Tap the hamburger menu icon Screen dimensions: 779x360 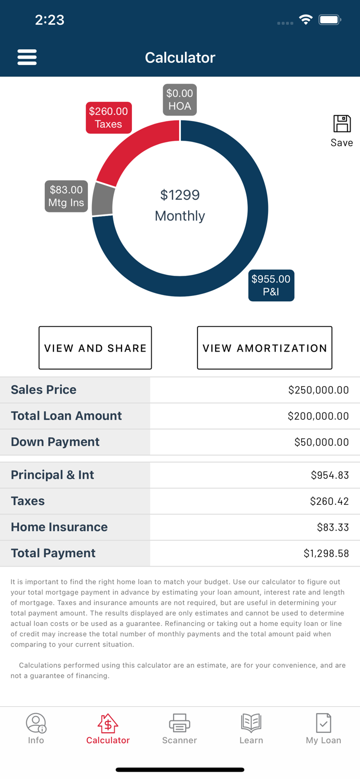27,57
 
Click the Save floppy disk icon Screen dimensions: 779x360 342,124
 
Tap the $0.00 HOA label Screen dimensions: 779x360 180,100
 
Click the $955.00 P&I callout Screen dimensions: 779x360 271,286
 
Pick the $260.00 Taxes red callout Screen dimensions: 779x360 109,118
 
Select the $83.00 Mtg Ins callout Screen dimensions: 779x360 66,196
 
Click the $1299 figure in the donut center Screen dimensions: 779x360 180,195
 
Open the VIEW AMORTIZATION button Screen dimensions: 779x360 264,348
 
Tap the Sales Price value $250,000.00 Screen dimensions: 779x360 318,390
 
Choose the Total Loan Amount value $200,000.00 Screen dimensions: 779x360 318,416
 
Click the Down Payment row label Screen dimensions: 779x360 55,442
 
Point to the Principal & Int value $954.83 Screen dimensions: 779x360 329,475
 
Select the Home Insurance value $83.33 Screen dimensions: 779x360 332,527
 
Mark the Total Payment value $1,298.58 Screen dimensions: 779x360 326,554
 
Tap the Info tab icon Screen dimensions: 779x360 36,723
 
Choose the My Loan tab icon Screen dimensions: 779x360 323,723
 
